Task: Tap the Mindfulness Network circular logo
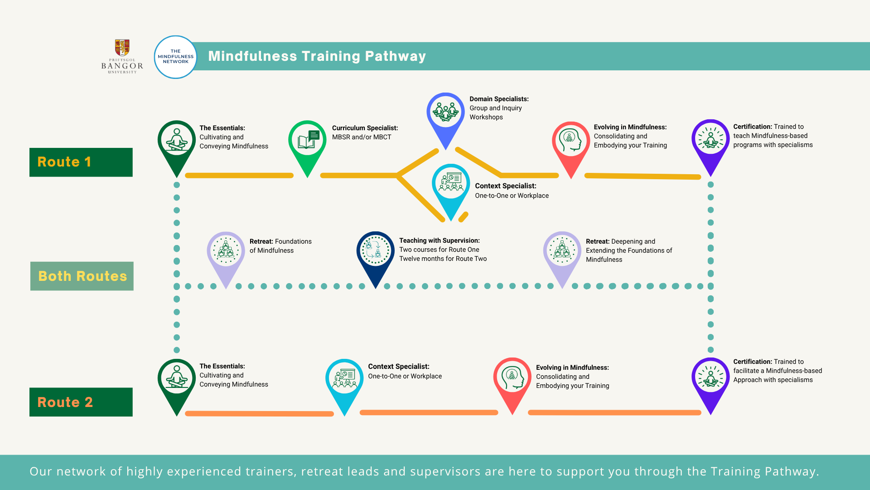176,57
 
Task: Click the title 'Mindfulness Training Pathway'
317,56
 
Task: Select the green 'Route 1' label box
81,162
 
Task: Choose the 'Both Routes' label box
82,276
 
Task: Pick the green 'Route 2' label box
81,402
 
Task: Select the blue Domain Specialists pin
446,119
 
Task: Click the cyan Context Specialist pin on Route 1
451,190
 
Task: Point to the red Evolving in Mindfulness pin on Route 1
571,147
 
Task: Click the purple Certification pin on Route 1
710,146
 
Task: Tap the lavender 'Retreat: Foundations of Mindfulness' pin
226,258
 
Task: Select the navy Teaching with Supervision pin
376,258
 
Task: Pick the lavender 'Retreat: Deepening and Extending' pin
562,258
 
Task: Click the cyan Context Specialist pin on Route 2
344,385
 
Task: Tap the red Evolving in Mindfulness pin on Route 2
512,384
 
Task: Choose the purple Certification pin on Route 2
710,384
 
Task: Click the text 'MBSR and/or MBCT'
362,137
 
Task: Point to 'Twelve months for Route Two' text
443,259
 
